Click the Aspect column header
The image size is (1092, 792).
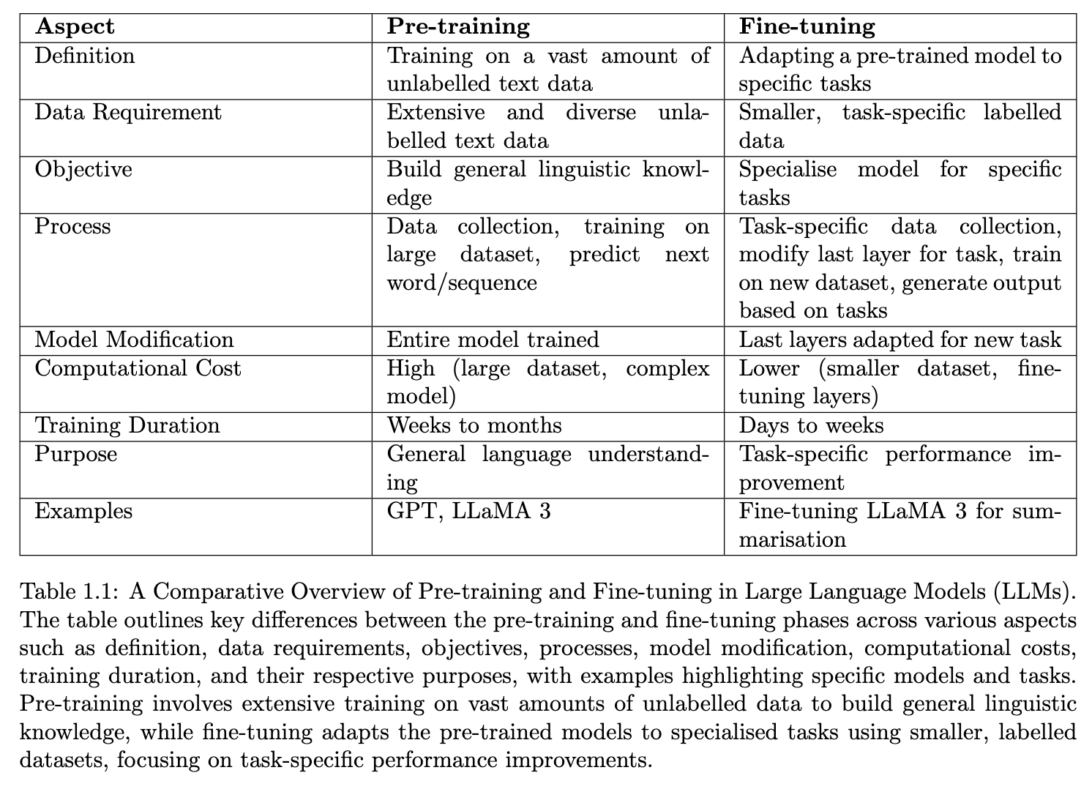click(75, 27)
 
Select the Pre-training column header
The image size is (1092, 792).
click(457, 27)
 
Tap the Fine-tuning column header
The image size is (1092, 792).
click(807, 27)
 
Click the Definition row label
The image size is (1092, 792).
click(85, 56)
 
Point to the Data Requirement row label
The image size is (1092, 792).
click(128, 113)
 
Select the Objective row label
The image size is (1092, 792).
click(83, 170)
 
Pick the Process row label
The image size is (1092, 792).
click(73, 227)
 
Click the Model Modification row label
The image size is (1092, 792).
click(134, 340)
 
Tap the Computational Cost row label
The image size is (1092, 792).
click(138, 368)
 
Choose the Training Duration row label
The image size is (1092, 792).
click(127, 426)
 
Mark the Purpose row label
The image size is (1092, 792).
click(76, 454)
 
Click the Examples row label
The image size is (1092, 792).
click(83, 511)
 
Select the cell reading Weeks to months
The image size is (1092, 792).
click(474, 426)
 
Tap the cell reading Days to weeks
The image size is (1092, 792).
click(811, 426)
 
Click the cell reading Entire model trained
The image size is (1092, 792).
click(493, 340)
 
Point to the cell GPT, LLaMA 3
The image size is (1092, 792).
click(468, 511)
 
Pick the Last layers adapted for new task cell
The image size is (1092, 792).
click(900, 340)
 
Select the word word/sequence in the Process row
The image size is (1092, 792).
click(462, 283)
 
